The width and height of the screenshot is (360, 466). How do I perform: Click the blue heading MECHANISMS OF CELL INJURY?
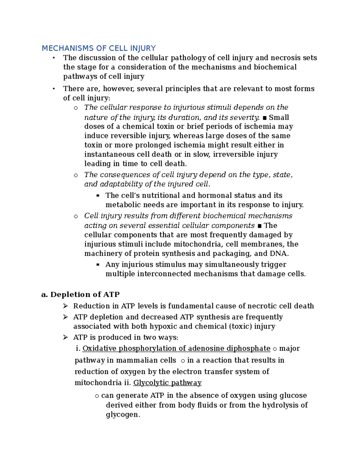point(99,48)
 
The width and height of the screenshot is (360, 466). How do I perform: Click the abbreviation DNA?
point(279,254)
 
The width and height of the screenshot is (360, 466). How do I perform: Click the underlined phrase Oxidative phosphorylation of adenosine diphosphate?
point(176,348)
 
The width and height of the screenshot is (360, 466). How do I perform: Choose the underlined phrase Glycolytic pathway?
point(167,383)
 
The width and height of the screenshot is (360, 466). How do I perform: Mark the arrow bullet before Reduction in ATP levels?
point(65,306)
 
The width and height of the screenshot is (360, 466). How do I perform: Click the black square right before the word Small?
point(264,118)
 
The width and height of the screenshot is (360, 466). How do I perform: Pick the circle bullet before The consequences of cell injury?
point(76,175)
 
